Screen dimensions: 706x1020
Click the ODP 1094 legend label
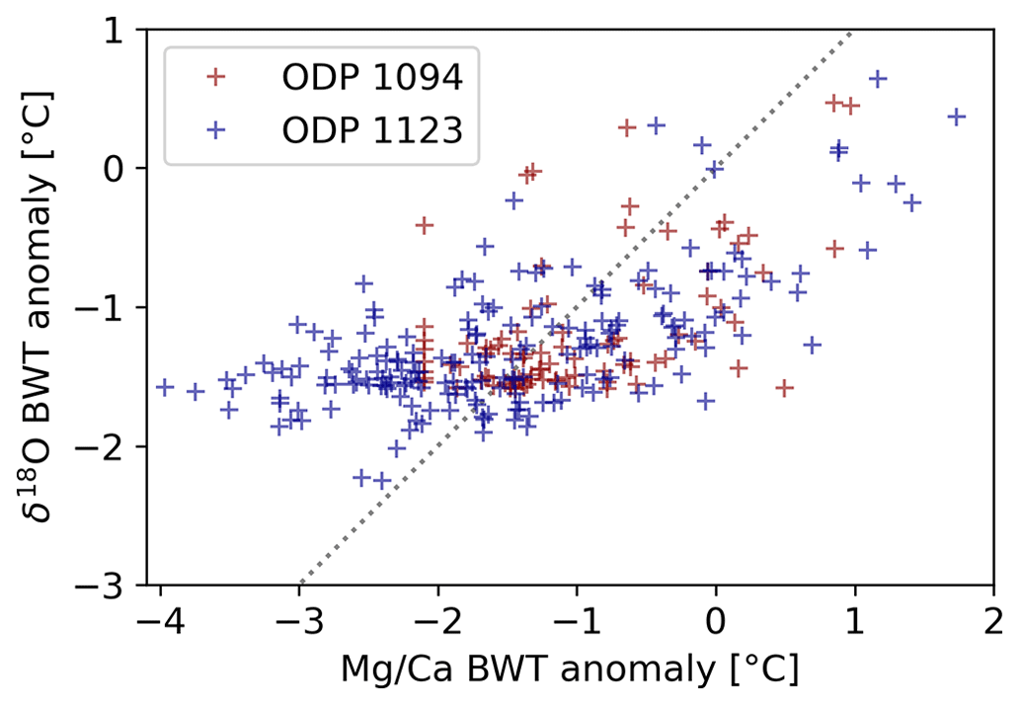371,77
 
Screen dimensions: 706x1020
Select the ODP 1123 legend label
371,130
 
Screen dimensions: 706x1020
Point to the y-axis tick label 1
127,30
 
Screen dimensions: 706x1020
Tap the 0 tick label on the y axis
127,169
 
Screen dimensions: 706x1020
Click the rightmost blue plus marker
956,117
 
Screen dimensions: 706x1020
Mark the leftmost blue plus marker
165,387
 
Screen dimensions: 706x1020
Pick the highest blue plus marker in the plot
877,78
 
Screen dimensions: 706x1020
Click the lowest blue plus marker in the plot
382,481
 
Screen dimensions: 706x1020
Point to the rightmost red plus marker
850,106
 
